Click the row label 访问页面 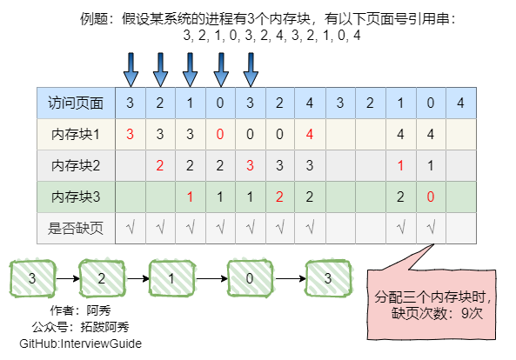click(76, 103)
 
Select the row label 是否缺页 click(76, 228)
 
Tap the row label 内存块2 click(76, 165)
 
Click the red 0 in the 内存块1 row click(220, 134)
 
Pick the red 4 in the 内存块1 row click(309, 134)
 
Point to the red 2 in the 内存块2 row click(160, 165)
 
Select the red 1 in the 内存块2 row click(400, 165)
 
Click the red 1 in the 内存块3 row click(190, 197)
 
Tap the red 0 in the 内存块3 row click(431, 197)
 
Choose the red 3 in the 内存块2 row click(250, 165)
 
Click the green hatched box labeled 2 click(102, 278)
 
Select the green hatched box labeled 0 click(250, 278)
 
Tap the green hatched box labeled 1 click(171, 278)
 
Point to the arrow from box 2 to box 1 click(137, 279)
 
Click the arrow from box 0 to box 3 click(291, 279)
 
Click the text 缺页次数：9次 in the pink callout click(437, 313)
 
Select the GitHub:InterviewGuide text click(81, 343)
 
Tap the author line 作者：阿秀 click(81, 310)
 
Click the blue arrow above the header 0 click(221, 70)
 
